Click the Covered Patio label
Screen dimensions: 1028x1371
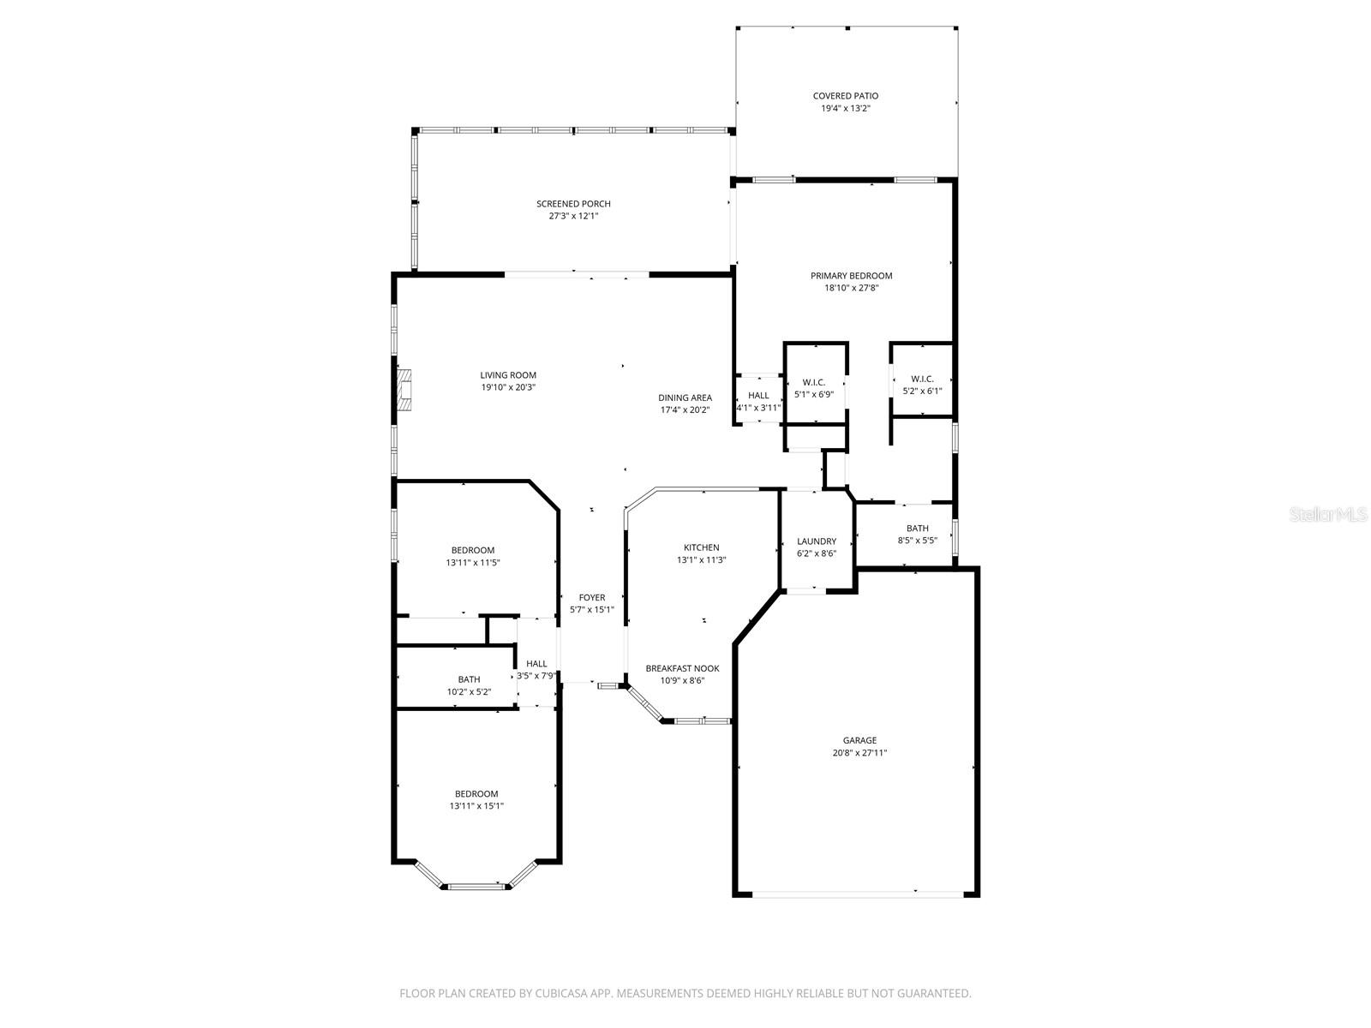click(x=845, y=96)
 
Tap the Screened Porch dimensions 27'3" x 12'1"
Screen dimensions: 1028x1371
click(x=573, y=217)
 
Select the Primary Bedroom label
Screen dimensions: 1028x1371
click(x=851, y=276)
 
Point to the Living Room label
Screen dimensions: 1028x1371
click(x=507, y=375)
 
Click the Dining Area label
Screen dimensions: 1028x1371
click(x=685, y=397)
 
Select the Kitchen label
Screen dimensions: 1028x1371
click(x=701, y=547)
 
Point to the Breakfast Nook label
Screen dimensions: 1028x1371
click(x=682, y=668)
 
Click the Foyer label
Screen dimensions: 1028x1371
click(x=591, y=598)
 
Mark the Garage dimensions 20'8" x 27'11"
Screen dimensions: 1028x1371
click(x=859, y=753)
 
